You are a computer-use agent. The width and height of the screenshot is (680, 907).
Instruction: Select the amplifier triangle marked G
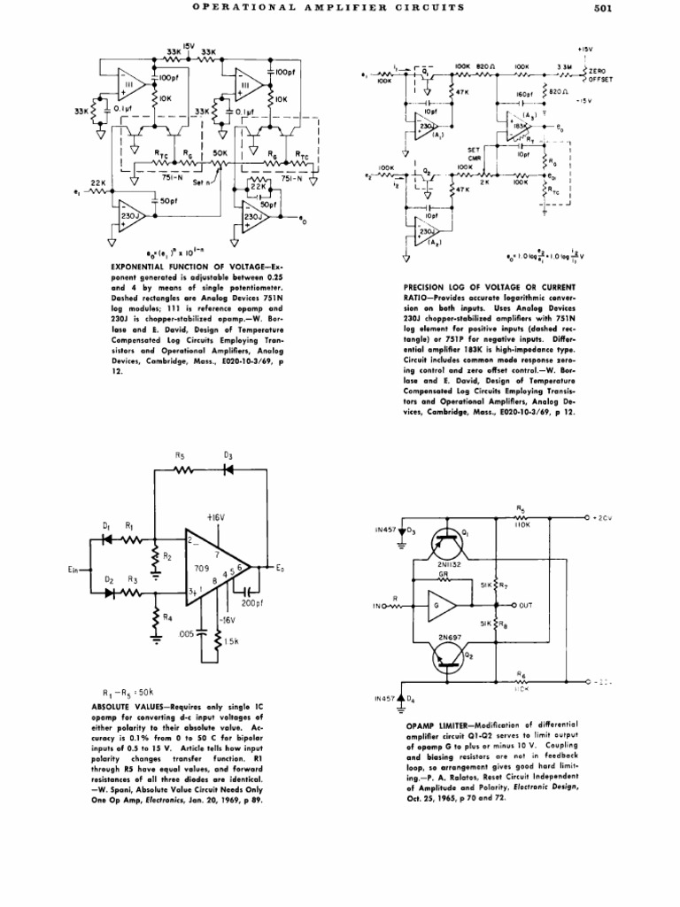441,606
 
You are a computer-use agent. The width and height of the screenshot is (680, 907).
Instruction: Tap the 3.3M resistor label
564,66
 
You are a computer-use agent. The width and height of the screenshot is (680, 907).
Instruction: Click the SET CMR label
474,153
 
